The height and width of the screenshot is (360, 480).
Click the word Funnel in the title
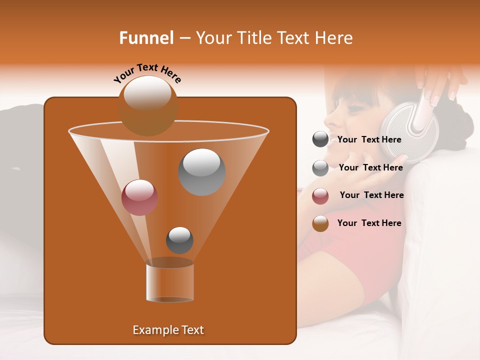point(146,38)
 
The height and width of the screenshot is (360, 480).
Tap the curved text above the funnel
point(147,73)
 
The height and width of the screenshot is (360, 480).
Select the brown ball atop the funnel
point(148,105)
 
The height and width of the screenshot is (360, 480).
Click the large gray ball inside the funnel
point(201,171)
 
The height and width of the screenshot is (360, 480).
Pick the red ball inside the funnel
point(139,197)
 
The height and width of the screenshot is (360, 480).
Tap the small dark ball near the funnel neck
point(179,240)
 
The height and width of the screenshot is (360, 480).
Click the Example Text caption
point(168,330)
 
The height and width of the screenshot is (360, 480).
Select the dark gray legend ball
point(320,139)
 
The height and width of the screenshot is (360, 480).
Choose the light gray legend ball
point(320,167)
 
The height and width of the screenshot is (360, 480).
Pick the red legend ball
point(320,195)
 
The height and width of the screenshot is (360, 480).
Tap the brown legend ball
point(320,223)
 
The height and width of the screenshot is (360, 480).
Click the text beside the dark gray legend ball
point(369,140)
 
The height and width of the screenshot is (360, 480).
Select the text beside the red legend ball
point(371,195)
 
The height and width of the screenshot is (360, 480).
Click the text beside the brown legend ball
point(369,223)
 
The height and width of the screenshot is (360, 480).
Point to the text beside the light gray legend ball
point(370,167)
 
